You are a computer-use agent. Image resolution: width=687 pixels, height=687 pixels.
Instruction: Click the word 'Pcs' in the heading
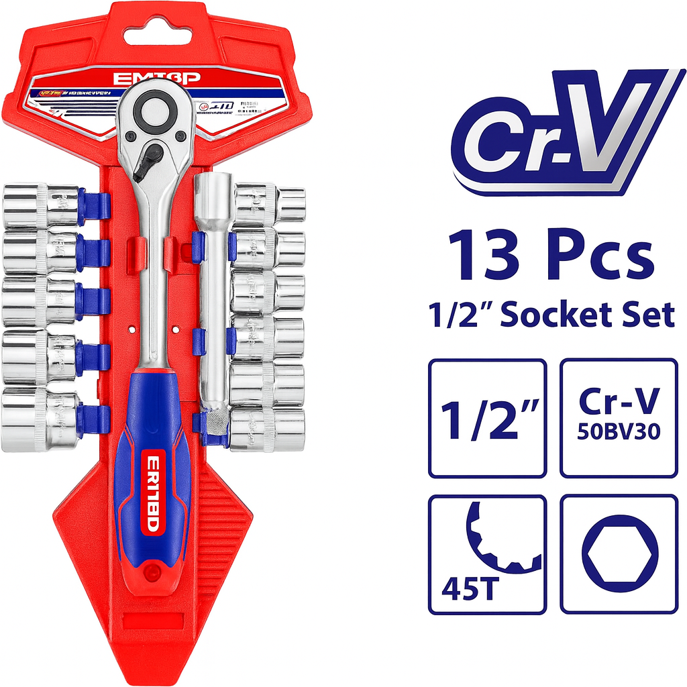[597, 255]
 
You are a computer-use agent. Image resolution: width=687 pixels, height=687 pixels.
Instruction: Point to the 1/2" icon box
[487, 418]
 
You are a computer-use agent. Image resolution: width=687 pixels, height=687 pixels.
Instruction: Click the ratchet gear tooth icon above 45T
[500, 537]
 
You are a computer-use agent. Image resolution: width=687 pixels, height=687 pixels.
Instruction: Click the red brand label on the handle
[153, 493]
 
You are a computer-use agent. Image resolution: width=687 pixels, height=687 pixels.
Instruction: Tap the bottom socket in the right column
[267, 427]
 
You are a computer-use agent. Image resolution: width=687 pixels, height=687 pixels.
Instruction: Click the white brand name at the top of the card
[156, 78]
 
